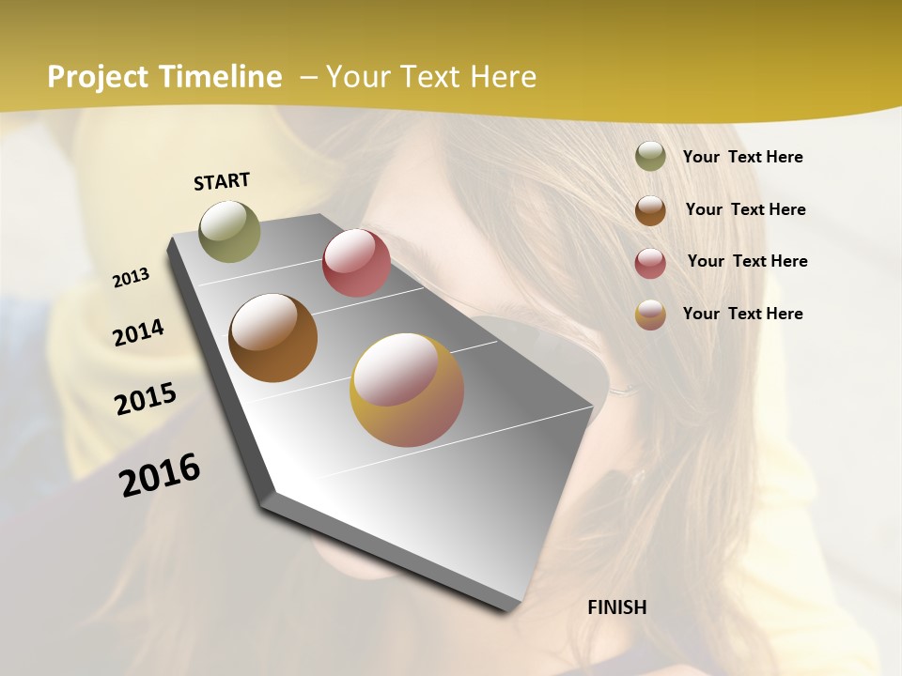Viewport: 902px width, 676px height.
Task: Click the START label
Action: point(222,181)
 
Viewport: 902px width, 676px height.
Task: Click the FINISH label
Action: point(616,607)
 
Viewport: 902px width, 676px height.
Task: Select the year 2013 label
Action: point(131,278)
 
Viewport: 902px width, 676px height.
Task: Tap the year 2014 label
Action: point(138,333)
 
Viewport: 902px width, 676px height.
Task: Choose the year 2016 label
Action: point(160,474)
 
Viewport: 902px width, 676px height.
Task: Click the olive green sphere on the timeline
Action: point(229,231)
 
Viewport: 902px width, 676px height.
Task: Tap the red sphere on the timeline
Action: point(356,263)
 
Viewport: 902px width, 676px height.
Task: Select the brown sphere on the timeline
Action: point(272,338)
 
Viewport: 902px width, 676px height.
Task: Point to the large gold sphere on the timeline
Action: point(407,390)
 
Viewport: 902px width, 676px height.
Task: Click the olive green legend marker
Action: point(650,157)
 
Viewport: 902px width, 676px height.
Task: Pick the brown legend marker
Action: point(650,209)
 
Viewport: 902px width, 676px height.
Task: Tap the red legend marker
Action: point(650,262)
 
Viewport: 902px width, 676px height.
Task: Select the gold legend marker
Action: point(650,315)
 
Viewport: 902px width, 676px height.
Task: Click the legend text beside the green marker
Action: point(742,157)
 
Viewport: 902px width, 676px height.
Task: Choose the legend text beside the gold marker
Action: point(742,314)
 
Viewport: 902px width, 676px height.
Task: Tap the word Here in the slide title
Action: point(503,77)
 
